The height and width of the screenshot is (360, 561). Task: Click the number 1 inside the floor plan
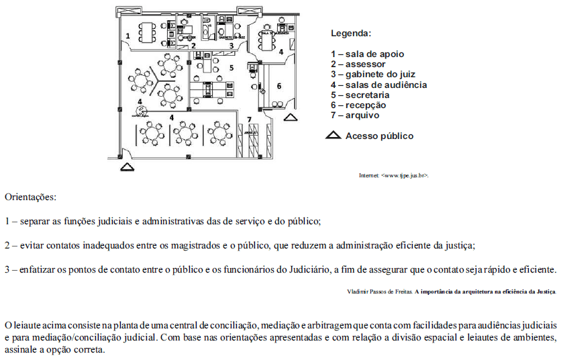(x=127, y=35)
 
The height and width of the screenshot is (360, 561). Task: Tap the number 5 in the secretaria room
(x=231, y=67)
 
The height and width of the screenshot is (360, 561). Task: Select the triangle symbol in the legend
(x=334, y=136)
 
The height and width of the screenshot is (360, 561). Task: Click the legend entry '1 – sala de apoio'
(x=367, y=54)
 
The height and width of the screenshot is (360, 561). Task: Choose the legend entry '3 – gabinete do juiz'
(x=376, y=74)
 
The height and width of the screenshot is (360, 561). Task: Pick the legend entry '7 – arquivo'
(x=354, y=115)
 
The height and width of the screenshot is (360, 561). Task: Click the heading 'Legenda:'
(x=351, y=32)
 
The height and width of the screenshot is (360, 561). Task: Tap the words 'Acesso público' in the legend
(x=379, y=136)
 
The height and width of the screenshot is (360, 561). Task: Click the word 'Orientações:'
(x=31, y=197)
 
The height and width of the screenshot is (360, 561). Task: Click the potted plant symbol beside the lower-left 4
(x=140, y=110)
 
